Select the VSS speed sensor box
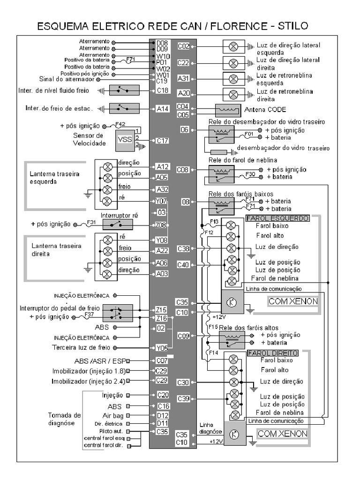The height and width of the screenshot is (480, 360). [x=125, y=140]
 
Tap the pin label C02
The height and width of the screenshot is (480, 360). [x=184, y=46]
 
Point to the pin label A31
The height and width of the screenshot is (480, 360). [x=184, y=78]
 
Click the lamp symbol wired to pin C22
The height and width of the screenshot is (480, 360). [x=233, y=63]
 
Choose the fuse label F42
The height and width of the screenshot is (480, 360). [x=120, y=124]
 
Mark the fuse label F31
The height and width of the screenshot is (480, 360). [x=92, y=222]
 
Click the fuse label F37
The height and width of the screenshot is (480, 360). [x=89, y=315]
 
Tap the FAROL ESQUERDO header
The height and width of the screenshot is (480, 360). [x=277, y=218]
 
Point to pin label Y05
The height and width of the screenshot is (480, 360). [x=162, y=348]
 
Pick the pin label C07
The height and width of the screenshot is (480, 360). [x=162, y=360]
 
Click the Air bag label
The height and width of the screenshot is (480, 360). [x=112, y=415]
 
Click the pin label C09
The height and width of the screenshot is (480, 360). [x=184, y=336]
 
